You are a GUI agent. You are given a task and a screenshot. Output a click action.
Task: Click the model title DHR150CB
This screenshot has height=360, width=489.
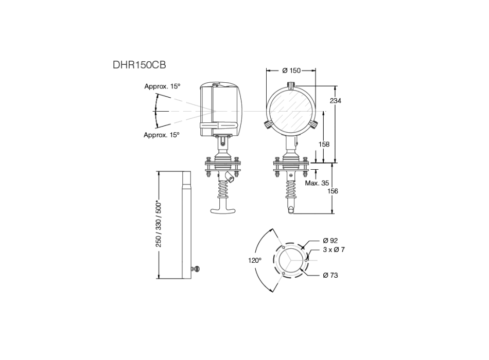(x=139, y=65)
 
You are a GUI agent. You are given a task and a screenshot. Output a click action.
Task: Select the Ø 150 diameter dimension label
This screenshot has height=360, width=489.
(x=291, y=70)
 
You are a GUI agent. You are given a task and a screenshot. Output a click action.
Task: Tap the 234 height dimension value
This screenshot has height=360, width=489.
(x=335, y=101)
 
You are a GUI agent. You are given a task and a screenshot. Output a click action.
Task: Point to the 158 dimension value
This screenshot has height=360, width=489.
(x=324, y=145)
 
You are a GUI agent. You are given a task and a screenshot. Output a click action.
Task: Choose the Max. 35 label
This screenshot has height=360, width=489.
(x=317, y=183)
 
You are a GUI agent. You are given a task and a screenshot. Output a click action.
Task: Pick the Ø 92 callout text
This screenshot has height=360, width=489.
(x=330, y=240)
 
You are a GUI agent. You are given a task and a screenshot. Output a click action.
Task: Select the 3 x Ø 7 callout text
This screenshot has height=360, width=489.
(x=334, y=249)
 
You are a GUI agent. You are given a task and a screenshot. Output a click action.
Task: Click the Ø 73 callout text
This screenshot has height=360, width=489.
(x=330, y=275)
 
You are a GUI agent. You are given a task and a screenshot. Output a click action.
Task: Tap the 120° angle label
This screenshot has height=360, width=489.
(x=255, y=260)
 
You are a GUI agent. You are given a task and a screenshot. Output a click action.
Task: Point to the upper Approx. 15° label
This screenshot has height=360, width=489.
(x=162, y=86)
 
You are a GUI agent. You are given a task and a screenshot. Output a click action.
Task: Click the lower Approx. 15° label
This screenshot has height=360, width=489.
(x=162, y=135)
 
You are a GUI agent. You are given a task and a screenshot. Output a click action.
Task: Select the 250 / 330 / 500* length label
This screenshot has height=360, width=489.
(x=159, y=223)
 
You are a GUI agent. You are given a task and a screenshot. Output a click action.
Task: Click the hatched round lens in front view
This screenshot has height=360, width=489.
(x=291, y=111)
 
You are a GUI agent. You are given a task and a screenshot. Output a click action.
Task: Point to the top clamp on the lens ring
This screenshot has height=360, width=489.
(x=291, y=87)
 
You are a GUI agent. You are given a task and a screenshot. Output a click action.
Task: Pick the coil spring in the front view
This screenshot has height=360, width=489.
(x=291, y=192)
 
